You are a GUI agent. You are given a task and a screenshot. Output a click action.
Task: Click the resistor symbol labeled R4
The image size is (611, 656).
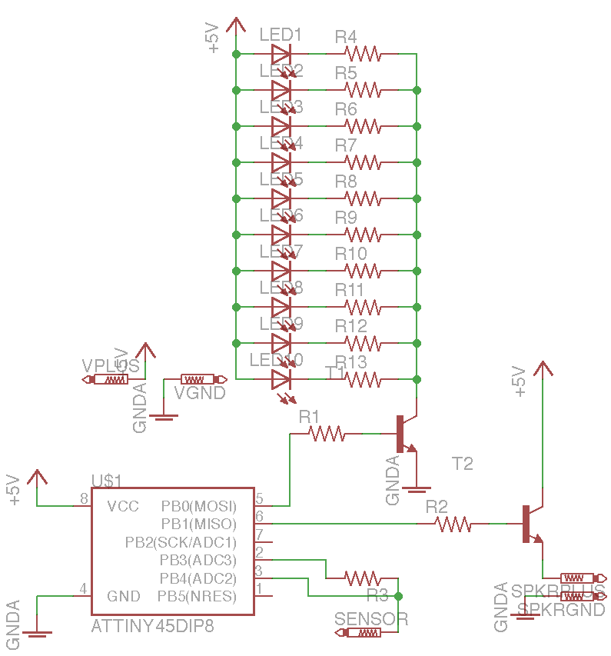[361, 54]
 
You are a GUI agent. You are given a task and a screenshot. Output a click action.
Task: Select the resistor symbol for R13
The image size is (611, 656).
[361, 378]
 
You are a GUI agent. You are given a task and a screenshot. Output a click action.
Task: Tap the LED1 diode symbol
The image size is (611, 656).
[281, 54]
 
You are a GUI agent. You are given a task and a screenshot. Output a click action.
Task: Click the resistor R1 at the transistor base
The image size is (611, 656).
[327, 435]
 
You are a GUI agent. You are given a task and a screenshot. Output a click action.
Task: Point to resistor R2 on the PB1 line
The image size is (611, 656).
[453, 524]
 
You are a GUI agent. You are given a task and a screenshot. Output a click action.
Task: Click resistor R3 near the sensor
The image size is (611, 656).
[361, 578]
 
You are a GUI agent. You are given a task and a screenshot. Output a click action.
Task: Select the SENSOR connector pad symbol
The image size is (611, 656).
[358, 633]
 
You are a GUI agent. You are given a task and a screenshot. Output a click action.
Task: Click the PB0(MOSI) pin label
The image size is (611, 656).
[198, 507]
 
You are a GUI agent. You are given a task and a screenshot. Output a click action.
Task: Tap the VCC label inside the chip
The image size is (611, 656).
[123, 506]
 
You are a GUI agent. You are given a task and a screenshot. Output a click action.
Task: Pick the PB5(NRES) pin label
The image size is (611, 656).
[197, 596]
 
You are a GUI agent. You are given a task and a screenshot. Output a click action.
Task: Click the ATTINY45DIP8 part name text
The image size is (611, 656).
[152, 626]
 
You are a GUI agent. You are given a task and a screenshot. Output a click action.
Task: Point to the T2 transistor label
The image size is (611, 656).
[462, 464]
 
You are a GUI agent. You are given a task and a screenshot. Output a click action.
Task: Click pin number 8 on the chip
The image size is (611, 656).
[84, 500]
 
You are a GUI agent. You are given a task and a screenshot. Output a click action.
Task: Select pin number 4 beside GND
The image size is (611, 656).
[83, 590]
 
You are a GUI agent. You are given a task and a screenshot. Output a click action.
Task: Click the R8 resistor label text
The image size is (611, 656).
[346, 181]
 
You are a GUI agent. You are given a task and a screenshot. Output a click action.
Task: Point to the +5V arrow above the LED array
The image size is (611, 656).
[236, 27]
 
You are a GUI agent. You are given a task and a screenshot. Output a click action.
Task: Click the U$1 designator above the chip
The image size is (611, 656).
[107, 481]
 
